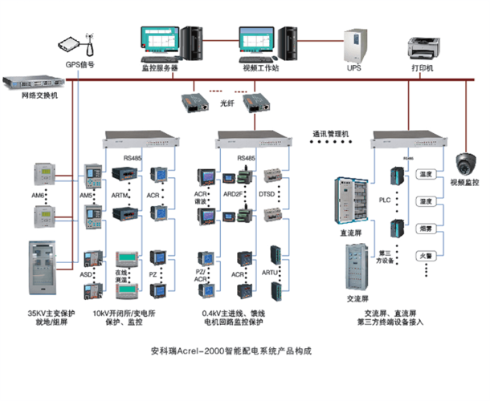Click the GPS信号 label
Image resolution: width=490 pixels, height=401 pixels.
tap(81, 67)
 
